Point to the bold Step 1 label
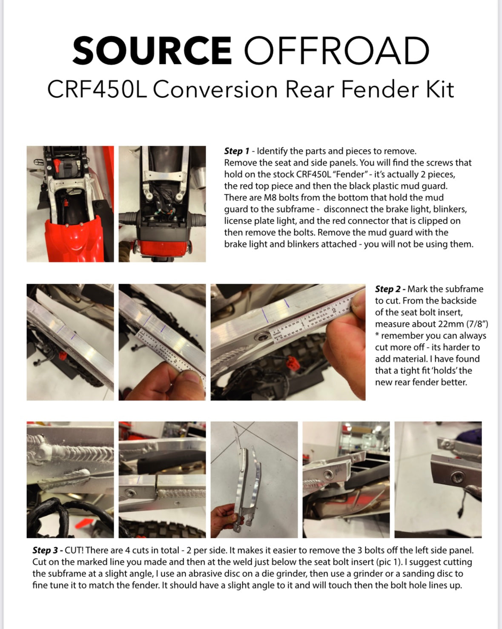[x=237, y=151]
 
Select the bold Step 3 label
[x=45, y=550]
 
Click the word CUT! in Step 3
[x=74, y=550]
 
